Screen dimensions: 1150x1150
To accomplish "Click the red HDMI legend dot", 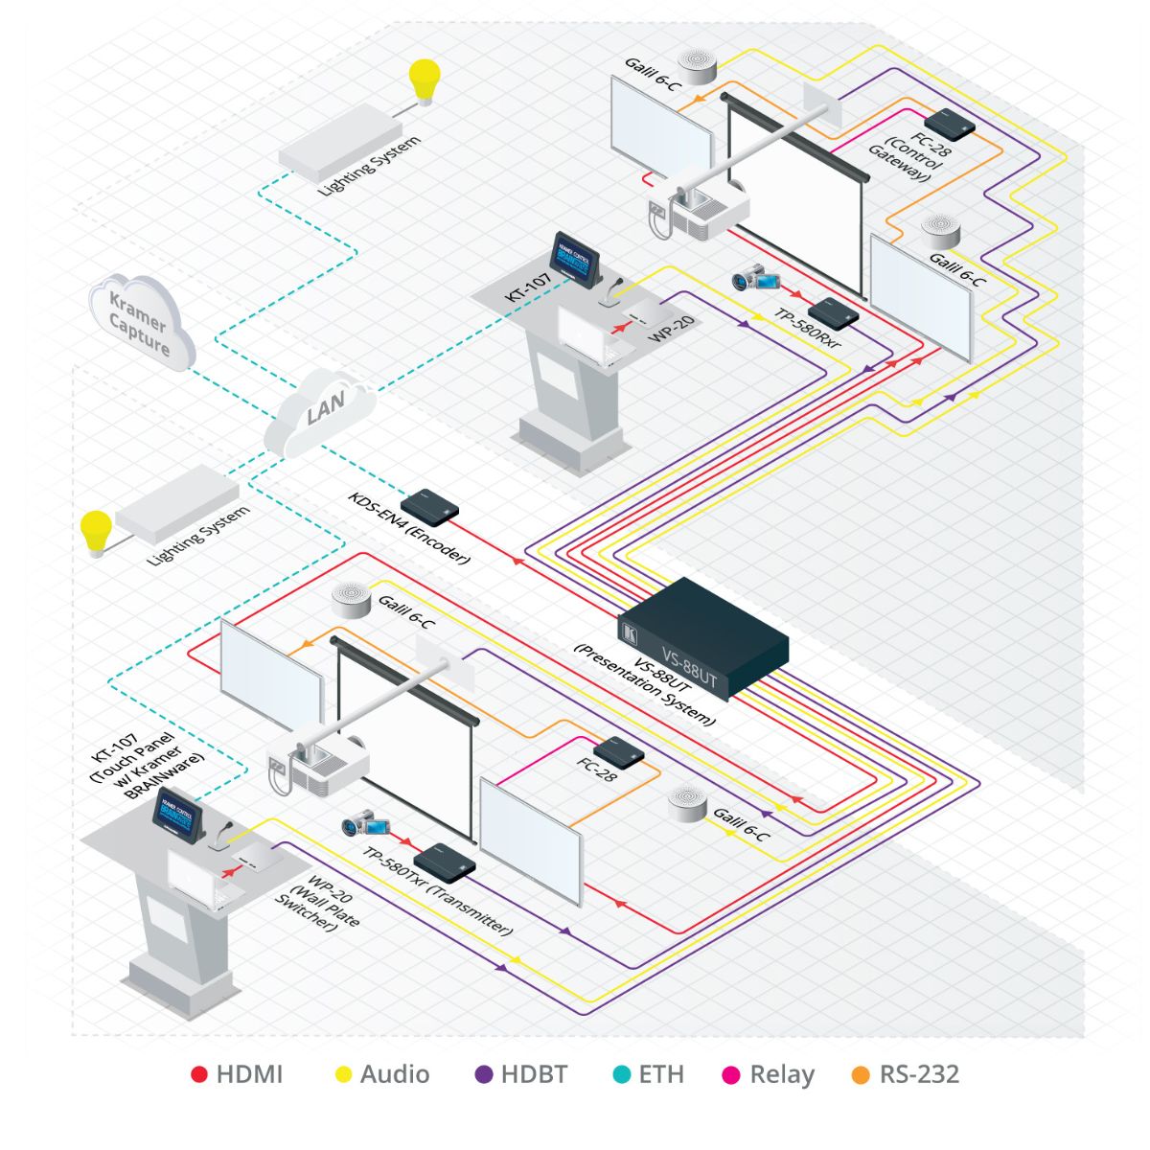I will [x=199, y=1075].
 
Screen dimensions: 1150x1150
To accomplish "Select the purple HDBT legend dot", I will [x=485, y=1075].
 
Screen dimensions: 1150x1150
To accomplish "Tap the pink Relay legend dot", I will [x=731, y=1075].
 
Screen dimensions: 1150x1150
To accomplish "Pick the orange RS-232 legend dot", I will [x=861, y=1075].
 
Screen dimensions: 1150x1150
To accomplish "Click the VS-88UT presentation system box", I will [x=703, y=637].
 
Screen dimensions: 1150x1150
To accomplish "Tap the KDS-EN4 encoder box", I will [x=429, y=506].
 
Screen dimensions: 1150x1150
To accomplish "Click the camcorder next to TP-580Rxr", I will [x=747, y=278].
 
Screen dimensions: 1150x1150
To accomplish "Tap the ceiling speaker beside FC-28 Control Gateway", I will [x=940, y=228].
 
